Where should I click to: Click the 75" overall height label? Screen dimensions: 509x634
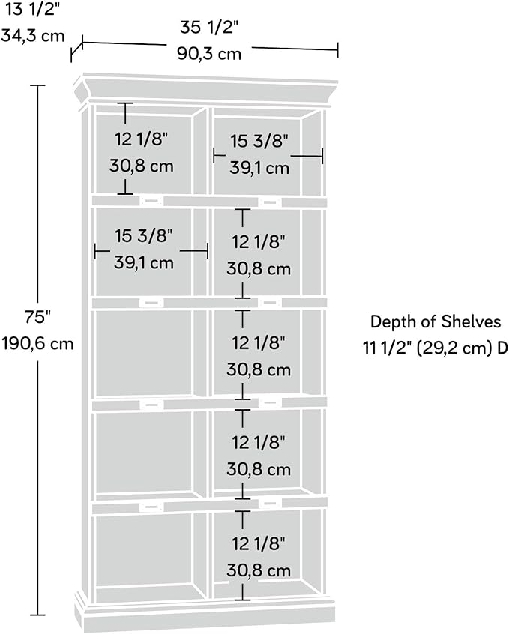[37, 317]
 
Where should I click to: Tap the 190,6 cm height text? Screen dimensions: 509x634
[37, 344]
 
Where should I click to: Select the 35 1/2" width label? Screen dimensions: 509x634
[209, 28]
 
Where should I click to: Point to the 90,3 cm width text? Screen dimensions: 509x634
[209, 54]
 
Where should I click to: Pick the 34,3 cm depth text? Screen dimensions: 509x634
[33, 35]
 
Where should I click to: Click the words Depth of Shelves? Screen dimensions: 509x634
[436, 321]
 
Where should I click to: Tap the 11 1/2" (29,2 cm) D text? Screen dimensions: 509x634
[436, 348]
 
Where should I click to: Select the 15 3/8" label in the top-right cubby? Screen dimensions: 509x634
[259, 142]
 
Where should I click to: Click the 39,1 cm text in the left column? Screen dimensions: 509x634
[144, 263]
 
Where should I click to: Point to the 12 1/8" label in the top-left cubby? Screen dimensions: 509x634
[141, 139]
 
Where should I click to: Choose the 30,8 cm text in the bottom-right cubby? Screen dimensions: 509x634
[259, 570]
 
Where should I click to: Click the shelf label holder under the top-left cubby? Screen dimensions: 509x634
[151, 201]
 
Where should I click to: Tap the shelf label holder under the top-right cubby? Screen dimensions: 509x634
[270, 202]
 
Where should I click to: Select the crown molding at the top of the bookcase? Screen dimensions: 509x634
[205, 89]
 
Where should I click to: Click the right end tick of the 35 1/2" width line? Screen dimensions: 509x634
[338, 50]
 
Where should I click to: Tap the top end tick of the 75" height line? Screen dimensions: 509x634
[38, 85]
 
